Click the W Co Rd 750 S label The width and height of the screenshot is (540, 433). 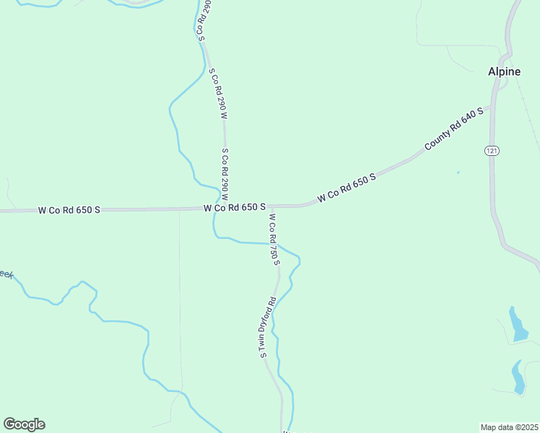click(274, 238)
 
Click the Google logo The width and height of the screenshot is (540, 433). click(24, 424)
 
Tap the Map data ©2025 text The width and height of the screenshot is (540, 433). click(509, 427)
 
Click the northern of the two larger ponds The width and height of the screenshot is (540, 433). click(518, 326)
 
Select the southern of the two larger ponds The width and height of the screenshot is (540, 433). click(518, 377)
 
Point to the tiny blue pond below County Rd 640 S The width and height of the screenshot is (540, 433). click(458, 172)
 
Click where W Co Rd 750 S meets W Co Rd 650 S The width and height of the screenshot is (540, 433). click(271, 206)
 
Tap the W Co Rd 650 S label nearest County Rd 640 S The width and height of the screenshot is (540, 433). click(347, 186)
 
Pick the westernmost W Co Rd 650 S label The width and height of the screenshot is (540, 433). click(69, 210)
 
